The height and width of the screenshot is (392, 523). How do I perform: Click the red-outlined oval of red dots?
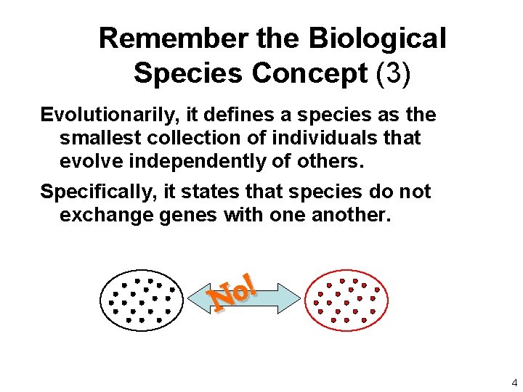344,298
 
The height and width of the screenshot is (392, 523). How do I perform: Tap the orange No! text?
232,292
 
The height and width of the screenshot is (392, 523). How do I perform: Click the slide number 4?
514,383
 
